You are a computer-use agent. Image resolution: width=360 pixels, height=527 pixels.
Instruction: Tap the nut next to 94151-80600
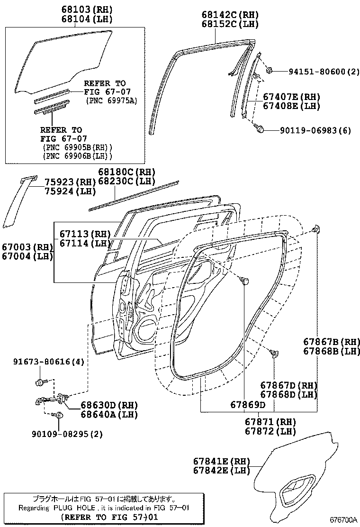click(x=269, y=71)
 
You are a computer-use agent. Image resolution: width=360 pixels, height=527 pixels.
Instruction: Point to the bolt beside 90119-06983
click(x=260, y=128)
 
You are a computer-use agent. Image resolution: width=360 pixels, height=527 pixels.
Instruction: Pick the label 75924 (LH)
click(x=70, y=191)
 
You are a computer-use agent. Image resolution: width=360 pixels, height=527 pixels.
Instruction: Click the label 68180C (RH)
click(x=126, y=172)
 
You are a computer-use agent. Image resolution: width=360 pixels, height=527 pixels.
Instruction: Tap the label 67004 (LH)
click(x=27, y=256)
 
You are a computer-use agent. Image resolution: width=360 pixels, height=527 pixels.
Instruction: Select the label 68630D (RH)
click(x=108, y=405)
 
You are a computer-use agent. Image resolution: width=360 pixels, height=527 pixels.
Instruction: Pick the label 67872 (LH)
click(x=270, y=431)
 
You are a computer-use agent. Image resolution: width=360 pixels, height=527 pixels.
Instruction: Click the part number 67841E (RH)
click(x=221, y=461)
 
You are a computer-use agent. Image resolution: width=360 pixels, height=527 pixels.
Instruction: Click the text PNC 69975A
click(x=112, y=100)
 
